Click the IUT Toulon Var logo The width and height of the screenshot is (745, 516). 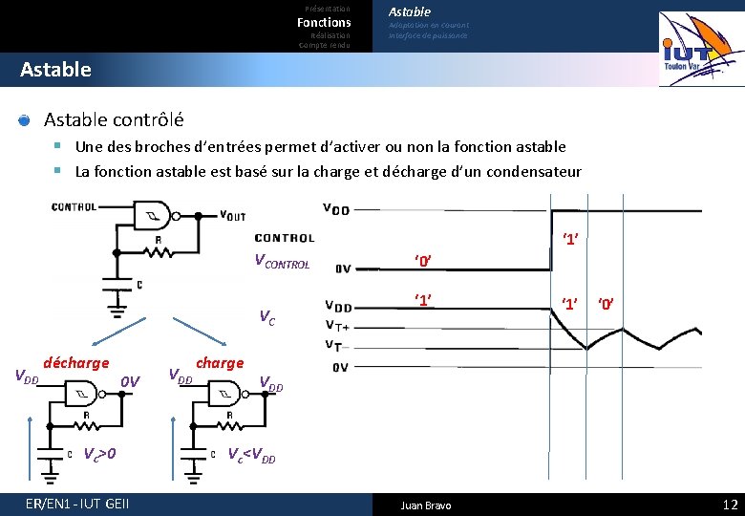701,49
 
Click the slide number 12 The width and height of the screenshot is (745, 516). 731,505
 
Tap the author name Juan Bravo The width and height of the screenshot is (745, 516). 426,505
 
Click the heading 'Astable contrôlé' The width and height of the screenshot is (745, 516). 114,120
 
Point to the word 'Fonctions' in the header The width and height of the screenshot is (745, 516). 324,22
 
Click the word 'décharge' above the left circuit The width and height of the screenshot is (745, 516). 76,363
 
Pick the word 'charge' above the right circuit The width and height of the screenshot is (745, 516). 220,363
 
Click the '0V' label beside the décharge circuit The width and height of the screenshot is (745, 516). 131,381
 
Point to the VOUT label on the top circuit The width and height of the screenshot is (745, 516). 233,215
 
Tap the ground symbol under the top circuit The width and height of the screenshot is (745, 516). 116,307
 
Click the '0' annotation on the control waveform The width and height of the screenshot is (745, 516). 424,261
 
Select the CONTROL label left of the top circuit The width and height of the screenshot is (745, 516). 74,206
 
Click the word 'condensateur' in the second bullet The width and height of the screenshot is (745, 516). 535,172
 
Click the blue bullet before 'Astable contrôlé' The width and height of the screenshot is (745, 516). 25,120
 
